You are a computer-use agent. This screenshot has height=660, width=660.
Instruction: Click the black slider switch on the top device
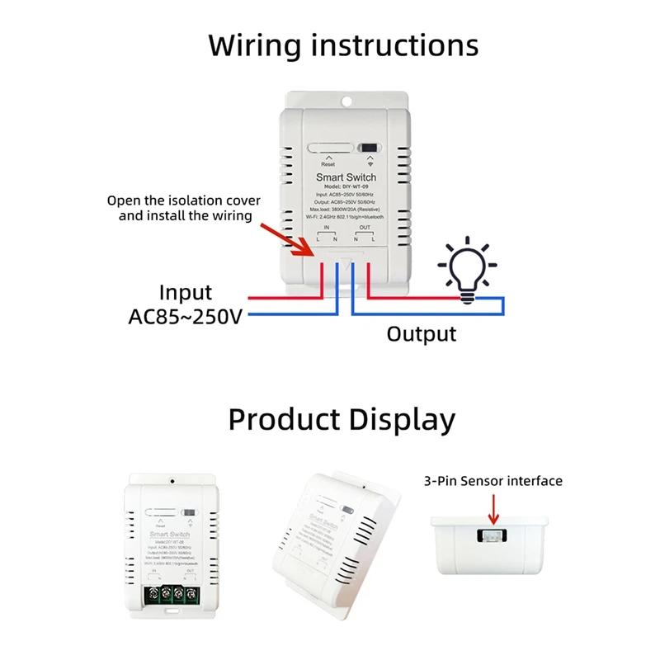click(370, 148)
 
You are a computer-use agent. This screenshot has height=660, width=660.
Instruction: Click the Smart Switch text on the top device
click(346, 177)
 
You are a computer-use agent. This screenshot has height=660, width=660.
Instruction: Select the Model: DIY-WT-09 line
click(346, 187)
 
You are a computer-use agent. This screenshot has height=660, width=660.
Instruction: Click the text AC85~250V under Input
click(186, 317)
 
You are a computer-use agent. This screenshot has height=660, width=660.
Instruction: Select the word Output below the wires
click(422, 334)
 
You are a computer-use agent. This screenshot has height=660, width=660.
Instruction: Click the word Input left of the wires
click(186, 293)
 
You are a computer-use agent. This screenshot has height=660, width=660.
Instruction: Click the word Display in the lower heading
click(402, 420)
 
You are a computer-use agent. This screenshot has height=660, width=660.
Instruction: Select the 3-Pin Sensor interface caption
click(493, 481)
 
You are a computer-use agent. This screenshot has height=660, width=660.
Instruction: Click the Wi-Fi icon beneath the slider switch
click(370, 164)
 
